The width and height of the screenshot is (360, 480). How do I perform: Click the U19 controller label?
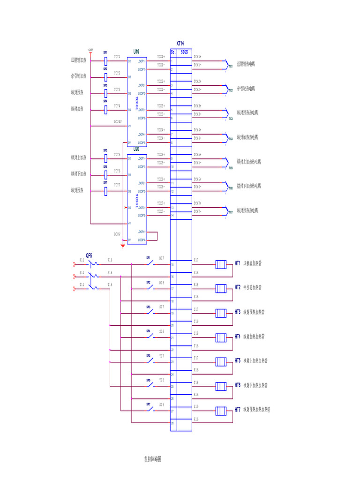136,51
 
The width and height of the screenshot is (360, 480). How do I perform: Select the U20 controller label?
136,149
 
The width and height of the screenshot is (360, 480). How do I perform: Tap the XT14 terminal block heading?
180,43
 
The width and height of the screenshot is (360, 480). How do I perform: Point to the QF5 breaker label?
89,255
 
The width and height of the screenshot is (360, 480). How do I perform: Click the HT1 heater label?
238,263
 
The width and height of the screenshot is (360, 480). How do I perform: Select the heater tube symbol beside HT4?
221,337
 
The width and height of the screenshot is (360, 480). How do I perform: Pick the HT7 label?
238,410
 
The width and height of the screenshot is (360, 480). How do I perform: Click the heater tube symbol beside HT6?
221,386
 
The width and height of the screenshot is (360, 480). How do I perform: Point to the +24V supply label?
90,49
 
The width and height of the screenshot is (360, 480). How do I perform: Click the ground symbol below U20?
123,244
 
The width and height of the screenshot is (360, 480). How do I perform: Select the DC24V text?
118,121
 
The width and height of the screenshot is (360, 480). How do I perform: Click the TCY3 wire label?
117,89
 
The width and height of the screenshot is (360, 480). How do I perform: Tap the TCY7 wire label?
117,185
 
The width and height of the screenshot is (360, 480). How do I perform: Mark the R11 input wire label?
82,259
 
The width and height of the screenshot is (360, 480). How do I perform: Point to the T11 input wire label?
82,284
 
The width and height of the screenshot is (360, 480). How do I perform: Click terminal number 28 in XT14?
172,423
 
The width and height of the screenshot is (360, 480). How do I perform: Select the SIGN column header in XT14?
184,52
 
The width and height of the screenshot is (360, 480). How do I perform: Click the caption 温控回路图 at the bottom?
153,459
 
